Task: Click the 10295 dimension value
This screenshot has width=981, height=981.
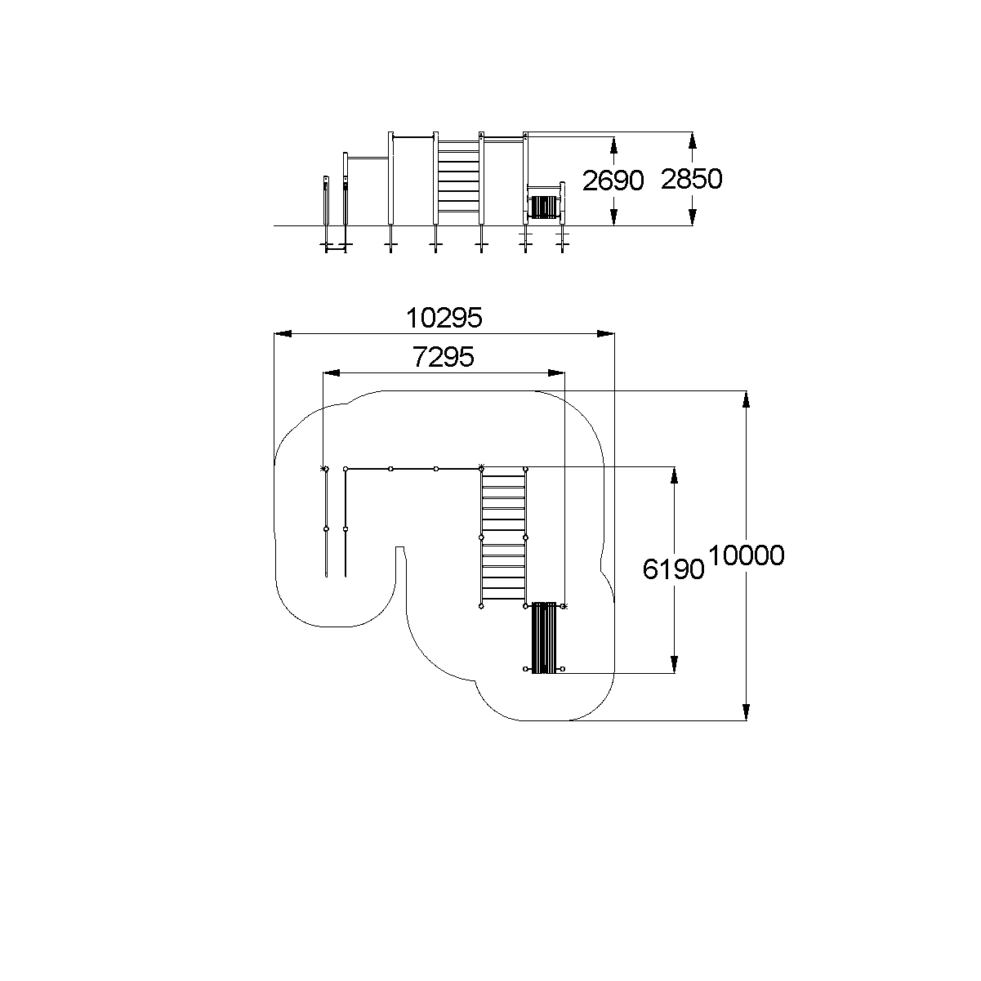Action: (x=444, y=319)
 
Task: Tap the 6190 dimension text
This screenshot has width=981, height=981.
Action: (x=673, y=569)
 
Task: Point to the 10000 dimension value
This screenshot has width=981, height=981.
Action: (x=746, y=555)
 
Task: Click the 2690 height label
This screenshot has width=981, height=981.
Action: (x=613, y=181)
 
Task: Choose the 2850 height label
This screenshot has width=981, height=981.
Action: (x=691, y=179)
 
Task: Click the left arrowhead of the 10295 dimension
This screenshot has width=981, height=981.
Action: (x=283, y=334)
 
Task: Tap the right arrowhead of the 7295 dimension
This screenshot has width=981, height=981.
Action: (x=556, y=373)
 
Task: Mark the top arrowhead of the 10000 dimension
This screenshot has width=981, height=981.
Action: (x=747, y=399)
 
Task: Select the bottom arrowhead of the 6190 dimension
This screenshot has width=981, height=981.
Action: (x=674, y=664)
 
